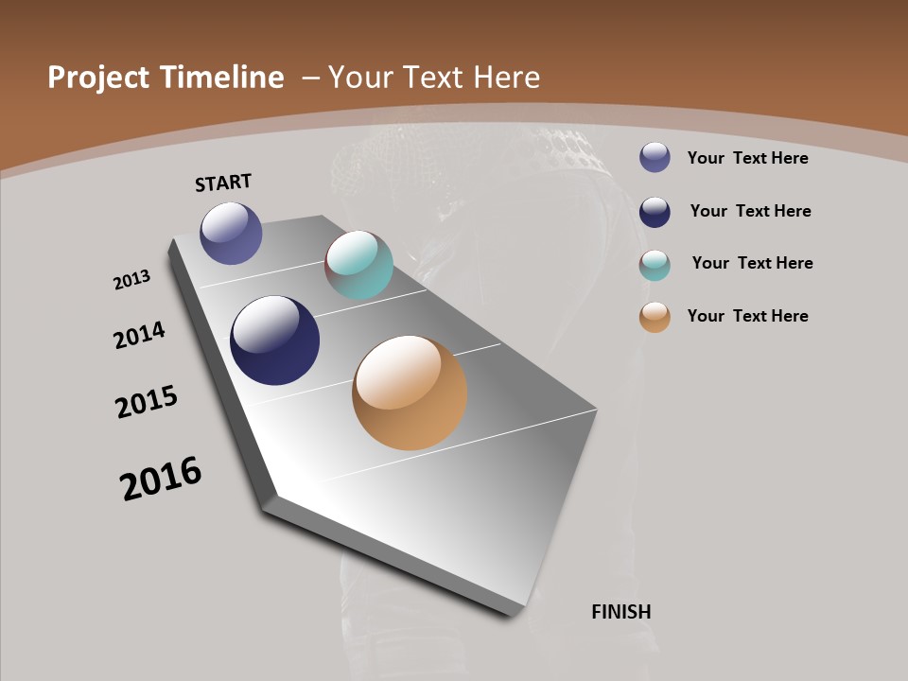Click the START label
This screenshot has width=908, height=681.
223,183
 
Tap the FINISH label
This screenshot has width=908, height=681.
621,612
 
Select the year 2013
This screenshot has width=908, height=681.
131,280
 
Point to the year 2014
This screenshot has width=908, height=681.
139,336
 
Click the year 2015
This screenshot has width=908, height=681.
147,401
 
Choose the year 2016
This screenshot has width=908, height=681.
161,478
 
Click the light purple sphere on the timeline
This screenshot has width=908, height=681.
231,233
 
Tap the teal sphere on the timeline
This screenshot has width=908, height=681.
358,265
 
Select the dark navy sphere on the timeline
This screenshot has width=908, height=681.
274,340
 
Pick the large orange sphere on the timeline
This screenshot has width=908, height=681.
410,393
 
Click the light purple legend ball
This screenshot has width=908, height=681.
655,157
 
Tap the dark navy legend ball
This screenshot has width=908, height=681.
655,211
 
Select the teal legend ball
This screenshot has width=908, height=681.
655,264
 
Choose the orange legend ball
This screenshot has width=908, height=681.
655,317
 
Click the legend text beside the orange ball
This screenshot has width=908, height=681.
747,316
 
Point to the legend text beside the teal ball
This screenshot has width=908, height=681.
752,263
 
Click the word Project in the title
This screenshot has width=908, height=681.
99,78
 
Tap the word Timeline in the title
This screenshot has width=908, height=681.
222,78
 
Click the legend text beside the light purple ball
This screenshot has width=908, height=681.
747,158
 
